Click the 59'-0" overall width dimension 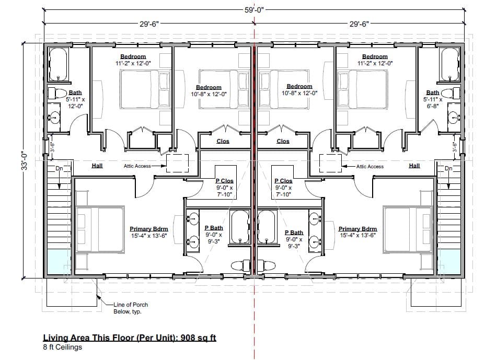[254, 10]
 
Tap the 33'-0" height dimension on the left [25, 160]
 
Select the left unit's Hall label [97, 166]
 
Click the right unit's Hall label [414, 166]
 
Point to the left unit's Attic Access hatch [178, 163]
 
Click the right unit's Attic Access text [369, 166]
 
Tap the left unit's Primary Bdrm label [149, 229]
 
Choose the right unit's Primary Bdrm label [357, 229]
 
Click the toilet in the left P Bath [240, 265]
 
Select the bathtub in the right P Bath [266, 227]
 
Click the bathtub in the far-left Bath [58, 64]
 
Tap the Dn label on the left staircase [59, 169]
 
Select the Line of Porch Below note [131, 308]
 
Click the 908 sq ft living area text [198, 338]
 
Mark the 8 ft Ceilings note [63, 347]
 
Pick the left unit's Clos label [223, 141]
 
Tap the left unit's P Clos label [225, 181]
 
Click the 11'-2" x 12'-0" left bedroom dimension [133, 63]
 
